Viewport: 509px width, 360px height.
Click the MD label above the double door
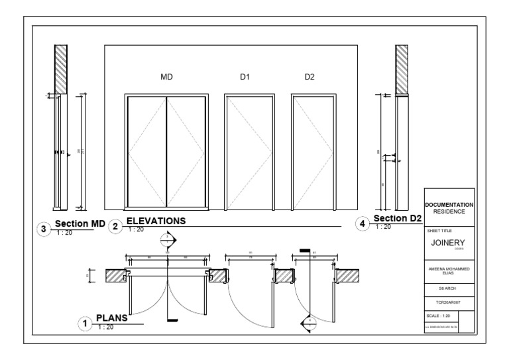[166, 78]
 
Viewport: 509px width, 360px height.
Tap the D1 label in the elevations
[245, 78]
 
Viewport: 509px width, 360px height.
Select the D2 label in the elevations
[310, 78]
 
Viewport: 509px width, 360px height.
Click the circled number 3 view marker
[44, 229]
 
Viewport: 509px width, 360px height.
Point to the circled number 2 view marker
[115, 226]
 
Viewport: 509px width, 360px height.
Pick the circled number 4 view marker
[362, 223]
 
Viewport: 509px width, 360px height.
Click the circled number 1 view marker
[85, 324]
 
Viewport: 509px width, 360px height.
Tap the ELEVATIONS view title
[156, 220]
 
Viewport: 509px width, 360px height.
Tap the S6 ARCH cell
[449, 288]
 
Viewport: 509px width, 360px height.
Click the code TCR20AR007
[449, 302]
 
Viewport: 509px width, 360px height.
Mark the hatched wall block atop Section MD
[61, 70]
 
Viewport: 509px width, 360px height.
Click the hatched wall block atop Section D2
[401, 70]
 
